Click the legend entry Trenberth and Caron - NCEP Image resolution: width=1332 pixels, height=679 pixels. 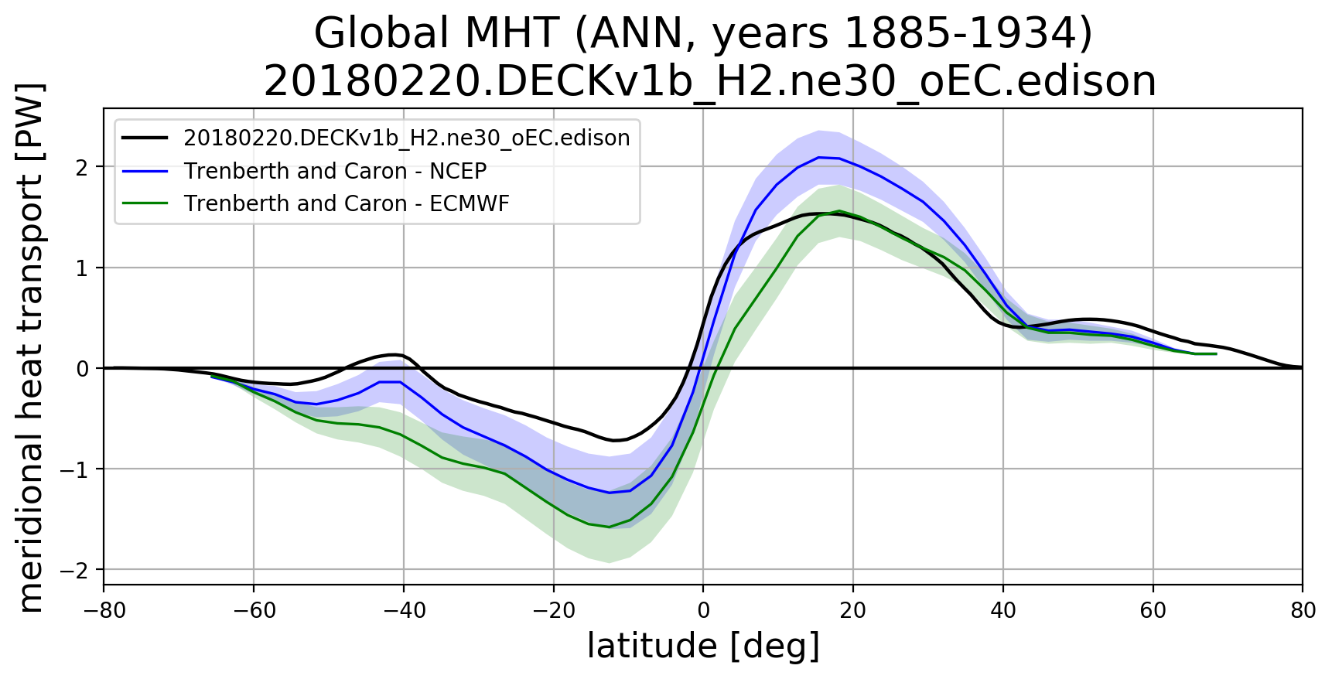point(334,171)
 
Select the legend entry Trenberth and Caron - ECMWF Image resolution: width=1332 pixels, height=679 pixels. point(346,203)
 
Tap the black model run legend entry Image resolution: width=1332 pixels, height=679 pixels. point(406,138)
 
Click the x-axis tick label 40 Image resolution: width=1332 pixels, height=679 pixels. point(1002,611)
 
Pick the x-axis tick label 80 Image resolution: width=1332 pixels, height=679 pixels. point(1303,611)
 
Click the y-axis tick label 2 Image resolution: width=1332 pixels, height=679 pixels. point(83,167)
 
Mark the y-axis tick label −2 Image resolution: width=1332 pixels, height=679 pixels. point(77,570)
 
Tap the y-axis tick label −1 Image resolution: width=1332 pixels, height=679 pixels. point(77,469)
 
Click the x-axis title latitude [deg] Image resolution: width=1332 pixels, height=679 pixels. point(703,647)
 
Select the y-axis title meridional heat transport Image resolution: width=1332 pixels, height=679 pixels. point(31,347)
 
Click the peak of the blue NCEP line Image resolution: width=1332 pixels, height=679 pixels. point(818,157)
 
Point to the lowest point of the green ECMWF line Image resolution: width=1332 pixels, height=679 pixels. point(609,527)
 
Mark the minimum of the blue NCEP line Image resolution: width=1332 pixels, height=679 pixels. point(609,493)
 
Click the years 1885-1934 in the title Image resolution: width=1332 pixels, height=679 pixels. point(902,34)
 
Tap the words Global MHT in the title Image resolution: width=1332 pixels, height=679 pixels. point(435,34)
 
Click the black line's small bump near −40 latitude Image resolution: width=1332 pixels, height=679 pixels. point(394,354)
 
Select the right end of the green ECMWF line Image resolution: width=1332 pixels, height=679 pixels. point(1216,353)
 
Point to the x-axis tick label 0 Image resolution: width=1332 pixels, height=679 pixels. point(703,611)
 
